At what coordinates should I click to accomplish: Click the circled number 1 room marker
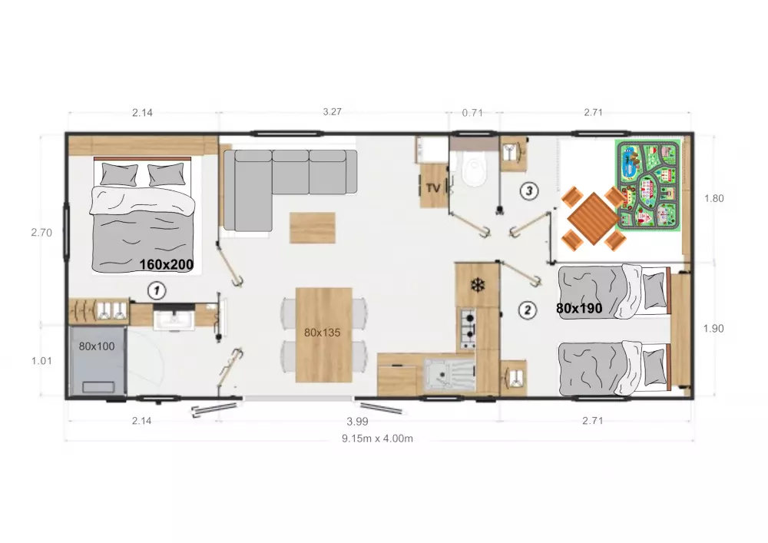point(157,290)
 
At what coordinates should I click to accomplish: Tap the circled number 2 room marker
point(528,310)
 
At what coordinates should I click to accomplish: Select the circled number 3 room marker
point(529,190)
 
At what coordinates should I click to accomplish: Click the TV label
point(433,188)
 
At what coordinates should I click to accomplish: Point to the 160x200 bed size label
point(167,265)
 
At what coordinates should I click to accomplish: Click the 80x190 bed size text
point(579,309)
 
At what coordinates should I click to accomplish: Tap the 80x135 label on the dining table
point(322,333)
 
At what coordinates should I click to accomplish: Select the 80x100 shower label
point(97,346)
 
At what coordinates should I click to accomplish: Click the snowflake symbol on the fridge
point(477,286)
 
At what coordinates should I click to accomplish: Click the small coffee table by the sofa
point(313,227)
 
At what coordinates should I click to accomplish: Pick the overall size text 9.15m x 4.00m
point(377,439)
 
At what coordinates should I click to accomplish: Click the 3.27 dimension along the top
point(332,111)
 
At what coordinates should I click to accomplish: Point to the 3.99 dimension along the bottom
point(357,422)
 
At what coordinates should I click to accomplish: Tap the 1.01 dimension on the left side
point(41,361)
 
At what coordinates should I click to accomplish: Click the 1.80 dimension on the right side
point(713,198)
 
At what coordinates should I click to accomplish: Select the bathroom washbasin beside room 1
point(174,319)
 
